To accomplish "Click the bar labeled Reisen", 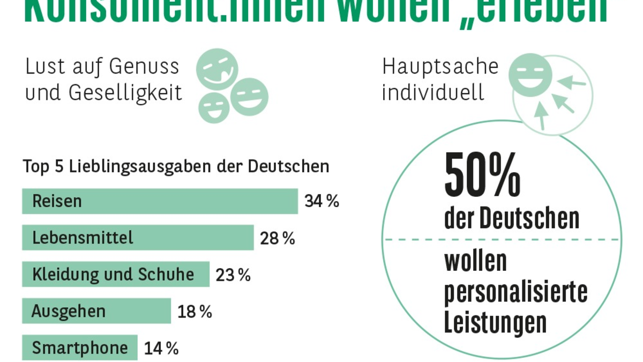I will click(160, 201).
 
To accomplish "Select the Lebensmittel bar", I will click(138, 238).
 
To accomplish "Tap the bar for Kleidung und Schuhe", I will click(115, 275).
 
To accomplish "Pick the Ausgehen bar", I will click(96, 311).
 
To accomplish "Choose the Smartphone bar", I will click(80, 348).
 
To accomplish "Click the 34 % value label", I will click(322, 201).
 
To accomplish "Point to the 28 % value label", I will click(278, 238).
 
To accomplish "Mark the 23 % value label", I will click(233, 275).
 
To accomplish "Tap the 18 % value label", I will click(195, 312).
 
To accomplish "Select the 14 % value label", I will click(161, 349).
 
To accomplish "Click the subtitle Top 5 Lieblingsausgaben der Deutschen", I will click(176, 166).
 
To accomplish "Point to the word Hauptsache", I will click(440, 67).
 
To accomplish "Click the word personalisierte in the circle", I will click(515, 292).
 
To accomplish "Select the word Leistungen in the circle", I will click(495, 323).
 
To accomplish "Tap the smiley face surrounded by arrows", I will click(530, 75).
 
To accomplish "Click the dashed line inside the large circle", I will click(502, 240).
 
